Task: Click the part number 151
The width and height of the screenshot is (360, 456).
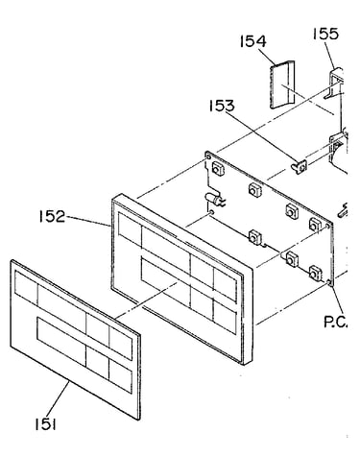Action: pyautogui.click(x=46, y=424)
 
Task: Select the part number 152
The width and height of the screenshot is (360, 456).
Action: pyautogui.click(x=52, y=216)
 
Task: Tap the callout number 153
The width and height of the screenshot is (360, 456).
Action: pyautogui.click(x=222, y=106)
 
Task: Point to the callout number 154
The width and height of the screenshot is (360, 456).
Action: pyautogui.click(x=253, y=41)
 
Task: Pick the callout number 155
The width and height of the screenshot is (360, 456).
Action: pyautogui.click(x=325, y=34)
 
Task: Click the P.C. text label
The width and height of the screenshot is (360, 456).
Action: pyautogui.click(x=335, y=322)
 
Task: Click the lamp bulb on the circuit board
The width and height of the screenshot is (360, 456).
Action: pyautogui.click(x=213, y=200)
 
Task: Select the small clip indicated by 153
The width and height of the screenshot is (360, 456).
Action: pyautogui.click(x=300, y=167)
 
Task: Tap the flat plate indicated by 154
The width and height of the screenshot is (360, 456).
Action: pyautogui.click(x=282, y=84)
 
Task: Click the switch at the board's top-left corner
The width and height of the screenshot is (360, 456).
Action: pyautogui.click(x=218, y=168)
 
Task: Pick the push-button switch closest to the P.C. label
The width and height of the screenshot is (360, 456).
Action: pyautogui.click(x=315, y=273)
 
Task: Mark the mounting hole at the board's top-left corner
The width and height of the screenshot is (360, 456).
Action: pyautogui.click(x=208, y=156)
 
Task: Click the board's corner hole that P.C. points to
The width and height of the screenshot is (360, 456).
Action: pyautogui.click(x=329, y=282)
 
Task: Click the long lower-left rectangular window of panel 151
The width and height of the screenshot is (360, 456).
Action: pyautogui.click(x=61, y=342)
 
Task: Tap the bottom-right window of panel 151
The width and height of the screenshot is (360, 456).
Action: pyautogui.click(x=120, y=375)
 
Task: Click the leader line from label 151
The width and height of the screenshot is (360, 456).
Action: pyautogui.click(x=59, y=400)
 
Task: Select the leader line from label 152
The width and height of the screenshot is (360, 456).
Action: pyautogui.click(x=87, y=221)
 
